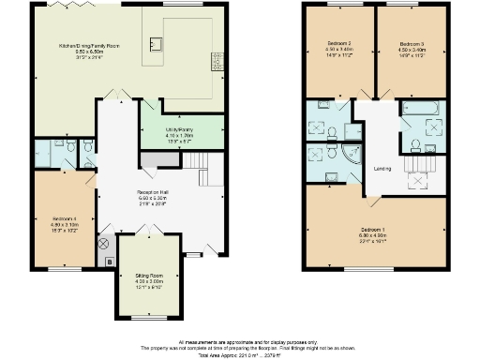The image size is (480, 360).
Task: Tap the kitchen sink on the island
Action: coord(156,42)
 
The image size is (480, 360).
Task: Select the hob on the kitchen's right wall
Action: coord(218,62)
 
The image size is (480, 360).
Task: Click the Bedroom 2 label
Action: coord(338,44)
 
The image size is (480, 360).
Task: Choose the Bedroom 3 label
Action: coord(411,44)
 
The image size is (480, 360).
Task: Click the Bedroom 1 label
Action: coord(374,228)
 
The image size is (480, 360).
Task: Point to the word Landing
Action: coord(382,169)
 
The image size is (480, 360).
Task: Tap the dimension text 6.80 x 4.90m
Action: coord(374,234)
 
